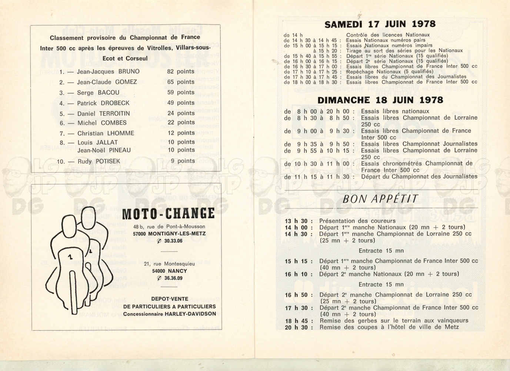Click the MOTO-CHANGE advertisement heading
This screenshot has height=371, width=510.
pyautogui.click(x=168, y=214)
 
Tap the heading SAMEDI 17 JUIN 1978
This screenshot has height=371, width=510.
pyautogui.click(x=380, y=24)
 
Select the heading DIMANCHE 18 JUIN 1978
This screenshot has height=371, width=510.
pyautogui.click(x=380, y=100)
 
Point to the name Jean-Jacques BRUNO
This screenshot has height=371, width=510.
pyautogui.click(x=108, y=72)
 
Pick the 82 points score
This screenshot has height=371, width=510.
pyautogui.click(x=180, y=72)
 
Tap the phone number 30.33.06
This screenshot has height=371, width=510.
pyautogui.click(x=173, y=241)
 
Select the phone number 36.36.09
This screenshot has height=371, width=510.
pyautogui.click(x=173, y=278)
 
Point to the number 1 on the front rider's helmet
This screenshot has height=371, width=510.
pyautogui.click(x=70, y=256)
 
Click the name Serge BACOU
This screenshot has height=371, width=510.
pyautogui.click(x=98, y=93)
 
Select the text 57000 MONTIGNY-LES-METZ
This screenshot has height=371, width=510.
pyautogui.click(x=169, y=234)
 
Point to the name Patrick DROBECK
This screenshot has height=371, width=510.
pyautogui.click(x=103, y=103)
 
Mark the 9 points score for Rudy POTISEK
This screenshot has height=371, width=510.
pyautogui.click(x=183, y=161)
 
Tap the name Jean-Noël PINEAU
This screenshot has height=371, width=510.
pyautogui.click(x=104, y=150)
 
